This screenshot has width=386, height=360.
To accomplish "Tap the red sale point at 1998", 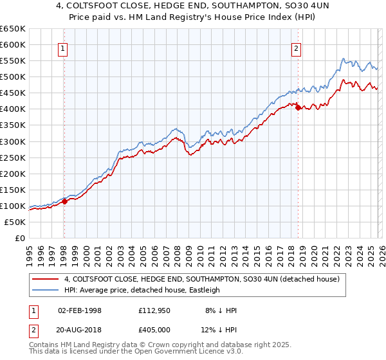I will coord(64,201).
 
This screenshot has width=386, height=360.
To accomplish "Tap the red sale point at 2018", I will coord(298,107).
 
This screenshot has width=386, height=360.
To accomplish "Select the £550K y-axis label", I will coord(13,61).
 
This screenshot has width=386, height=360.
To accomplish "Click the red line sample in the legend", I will coord(46,279).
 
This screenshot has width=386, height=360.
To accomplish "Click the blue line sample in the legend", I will coord(46,290).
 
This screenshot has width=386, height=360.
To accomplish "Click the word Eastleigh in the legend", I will coord(205,290).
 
